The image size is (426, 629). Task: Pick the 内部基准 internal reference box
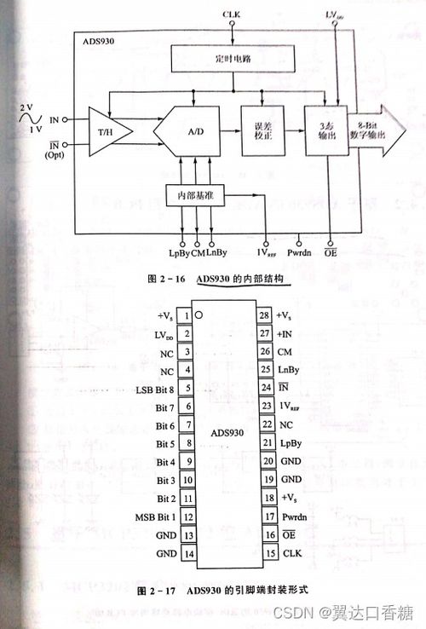tap(197, 195)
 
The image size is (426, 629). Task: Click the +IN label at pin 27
tap(288, 334)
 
